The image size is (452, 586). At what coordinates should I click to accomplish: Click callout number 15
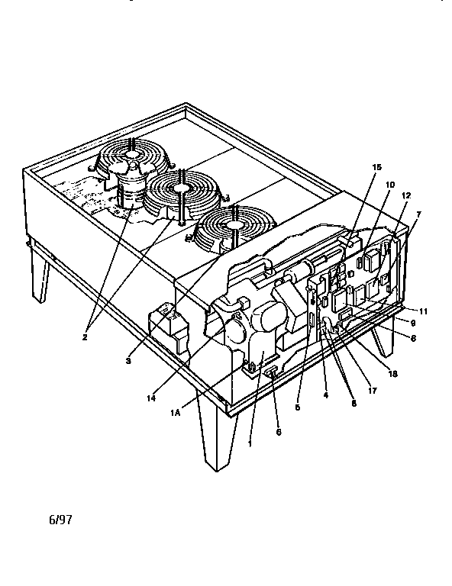376,166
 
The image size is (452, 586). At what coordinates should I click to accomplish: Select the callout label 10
389,185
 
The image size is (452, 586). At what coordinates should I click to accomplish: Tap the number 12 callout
405,196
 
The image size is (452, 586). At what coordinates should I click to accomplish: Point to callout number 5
297,407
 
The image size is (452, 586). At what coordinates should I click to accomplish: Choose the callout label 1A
175,413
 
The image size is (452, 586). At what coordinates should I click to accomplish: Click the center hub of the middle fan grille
181,188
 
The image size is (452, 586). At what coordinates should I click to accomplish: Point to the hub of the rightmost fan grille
232,224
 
